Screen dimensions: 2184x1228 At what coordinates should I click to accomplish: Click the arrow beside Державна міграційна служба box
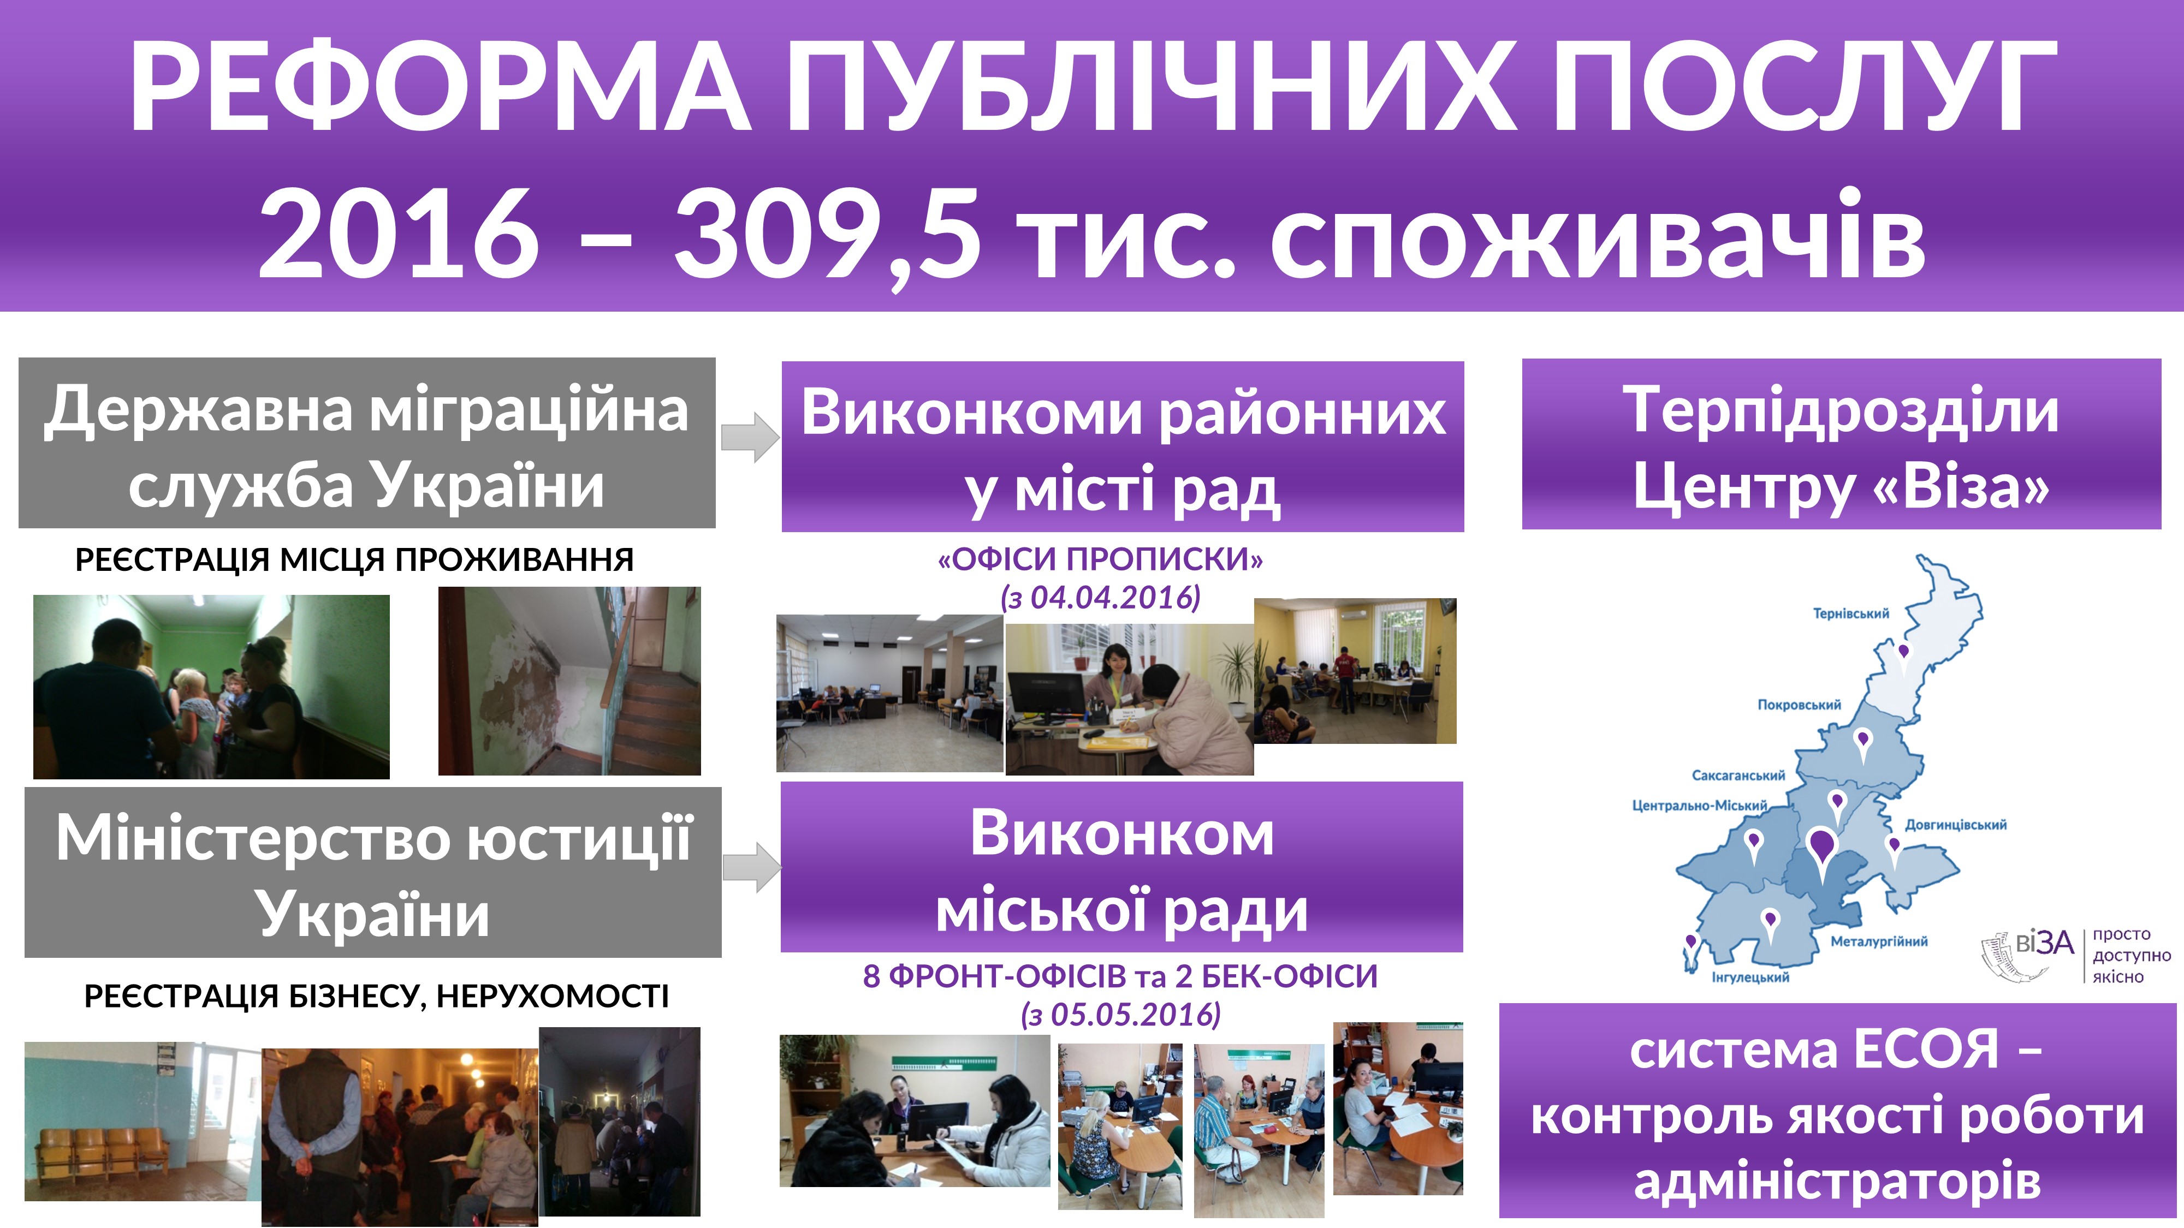pos(750,438)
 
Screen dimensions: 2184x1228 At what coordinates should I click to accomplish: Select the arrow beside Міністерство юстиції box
pos(751,868)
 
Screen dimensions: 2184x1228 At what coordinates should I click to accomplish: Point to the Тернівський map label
pos(1851,613)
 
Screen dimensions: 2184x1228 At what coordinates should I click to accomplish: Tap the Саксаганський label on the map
pos(1738,776)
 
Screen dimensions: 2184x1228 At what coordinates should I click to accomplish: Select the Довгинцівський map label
pos(1956,825)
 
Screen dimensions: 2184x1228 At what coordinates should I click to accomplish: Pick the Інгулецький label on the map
pos(1750,977)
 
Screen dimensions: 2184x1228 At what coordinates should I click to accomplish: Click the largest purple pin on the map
pos(1821,852)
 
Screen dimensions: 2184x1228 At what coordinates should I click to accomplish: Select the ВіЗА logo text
pos(2044,943)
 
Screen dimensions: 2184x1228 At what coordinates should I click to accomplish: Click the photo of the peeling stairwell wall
pos(569,681)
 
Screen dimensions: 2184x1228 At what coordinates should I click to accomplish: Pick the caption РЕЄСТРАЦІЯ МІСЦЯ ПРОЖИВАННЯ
pos(354,560)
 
